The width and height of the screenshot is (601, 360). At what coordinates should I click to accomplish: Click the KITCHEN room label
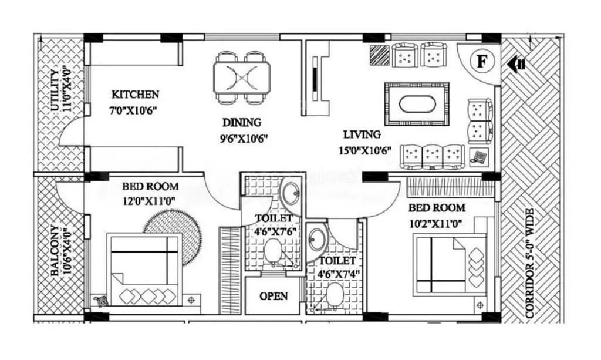tap(136, 94)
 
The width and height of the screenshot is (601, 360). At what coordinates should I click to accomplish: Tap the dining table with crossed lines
tap(242, 76)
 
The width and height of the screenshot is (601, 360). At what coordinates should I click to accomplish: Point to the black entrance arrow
tap(516, 63)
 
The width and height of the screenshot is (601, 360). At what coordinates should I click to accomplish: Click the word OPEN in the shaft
tap(274, 295)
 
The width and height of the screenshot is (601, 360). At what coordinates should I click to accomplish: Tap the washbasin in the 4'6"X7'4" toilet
tap(317, 240)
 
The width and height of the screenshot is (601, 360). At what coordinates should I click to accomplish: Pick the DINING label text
tap(241, 123)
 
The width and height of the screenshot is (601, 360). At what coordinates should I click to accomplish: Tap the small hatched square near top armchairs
tap(380, 55)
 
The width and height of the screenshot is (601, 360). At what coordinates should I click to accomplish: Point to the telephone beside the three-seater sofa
tap(479, 157)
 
